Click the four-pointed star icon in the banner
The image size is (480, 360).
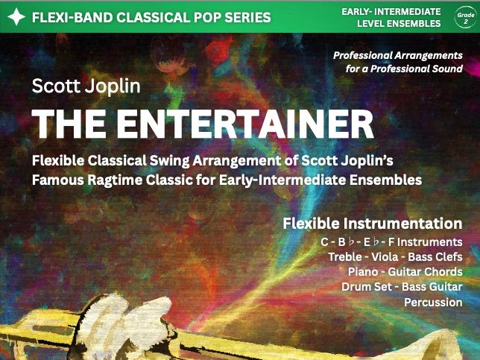(16, 16)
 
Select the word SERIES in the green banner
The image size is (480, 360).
(245, 16)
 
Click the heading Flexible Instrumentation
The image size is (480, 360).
(372, 224)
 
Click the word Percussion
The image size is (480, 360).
(433, 303)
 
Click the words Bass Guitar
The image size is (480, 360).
(435, 287)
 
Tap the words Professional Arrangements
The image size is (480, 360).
(398, 55)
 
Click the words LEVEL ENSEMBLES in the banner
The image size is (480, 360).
(398, 24)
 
